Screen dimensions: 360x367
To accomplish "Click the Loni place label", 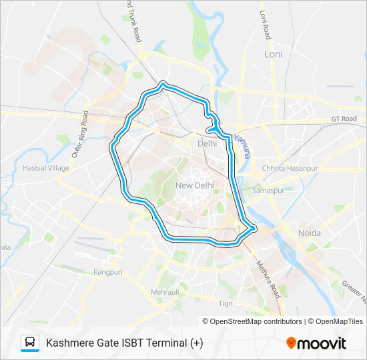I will tap(274, 54).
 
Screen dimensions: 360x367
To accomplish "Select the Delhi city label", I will tap(208, 143).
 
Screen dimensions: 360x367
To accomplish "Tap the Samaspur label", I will tap(268, 190).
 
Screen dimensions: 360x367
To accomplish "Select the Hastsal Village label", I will tap(46, 168).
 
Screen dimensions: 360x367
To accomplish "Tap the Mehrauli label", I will tap(165, 292).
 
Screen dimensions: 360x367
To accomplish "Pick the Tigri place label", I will tap(226, 303).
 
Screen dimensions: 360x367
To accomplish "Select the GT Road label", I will tap(344, 119).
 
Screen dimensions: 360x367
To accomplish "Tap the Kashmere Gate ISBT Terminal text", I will tap(124, 343).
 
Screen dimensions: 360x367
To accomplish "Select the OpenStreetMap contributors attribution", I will tap(252, 321).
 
